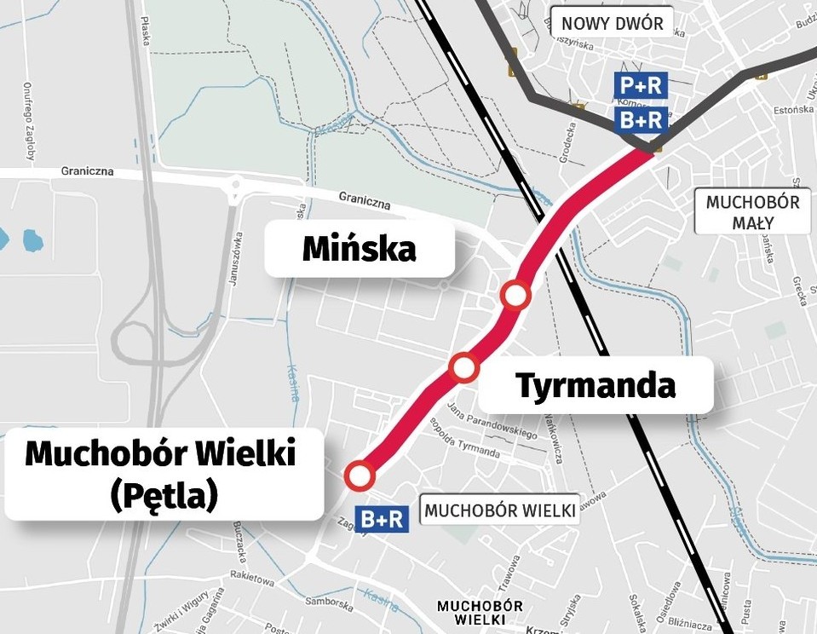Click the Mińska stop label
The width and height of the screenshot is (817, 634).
(x=360, y=249)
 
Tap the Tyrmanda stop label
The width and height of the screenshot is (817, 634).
(x=595, y=385)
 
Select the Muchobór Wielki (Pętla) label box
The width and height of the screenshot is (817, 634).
(x=162, y=473)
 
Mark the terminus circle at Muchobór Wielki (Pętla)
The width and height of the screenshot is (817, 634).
(x=360, y=475)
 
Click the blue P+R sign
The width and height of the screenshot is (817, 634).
(x=641, y=85)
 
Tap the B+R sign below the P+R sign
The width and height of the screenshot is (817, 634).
(x=641, y=120)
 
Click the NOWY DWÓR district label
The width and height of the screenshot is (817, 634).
(x=612, y=23)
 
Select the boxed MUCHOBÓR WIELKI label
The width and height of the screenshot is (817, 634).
(x=499, y=510)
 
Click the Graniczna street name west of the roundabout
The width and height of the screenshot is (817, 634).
(x=87, y=170)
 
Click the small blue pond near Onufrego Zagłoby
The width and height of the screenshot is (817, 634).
(x=32, y=239)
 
